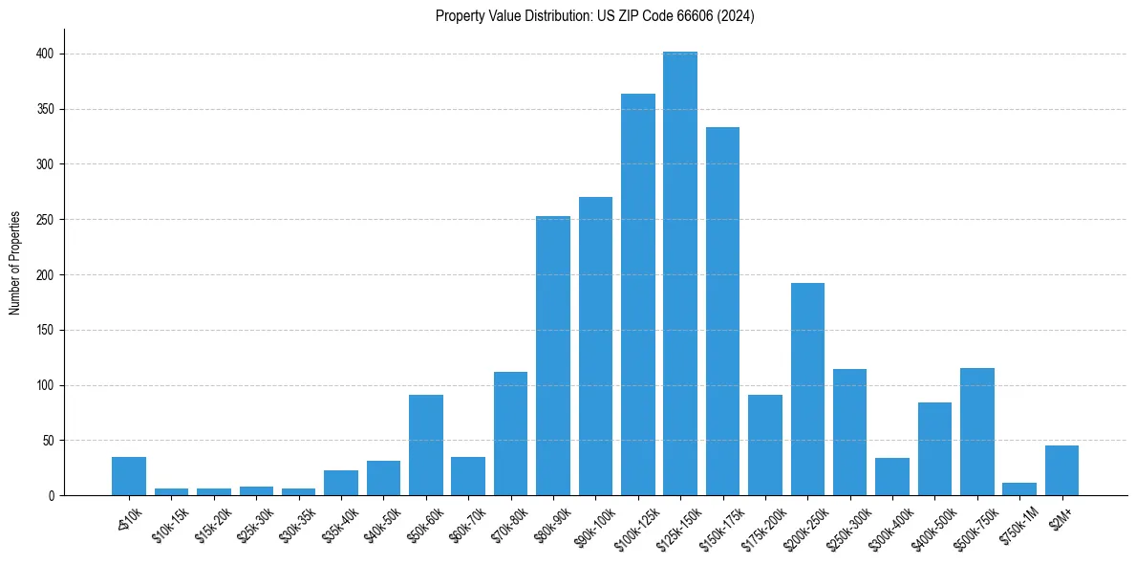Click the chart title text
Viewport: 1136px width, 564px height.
[x=594, y=16]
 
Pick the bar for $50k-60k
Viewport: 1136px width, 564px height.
[x=426, y=445]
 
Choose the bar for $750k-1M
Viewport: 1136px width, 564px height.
[x=1019, y=489]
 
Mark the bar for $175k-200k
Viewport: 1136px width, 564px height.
[x=765, y=445]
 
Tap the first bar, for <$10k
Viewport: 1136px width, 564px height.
[x=129, y=476]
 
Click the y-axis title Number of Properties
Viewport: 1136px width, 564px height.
[x=15, y=263]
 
